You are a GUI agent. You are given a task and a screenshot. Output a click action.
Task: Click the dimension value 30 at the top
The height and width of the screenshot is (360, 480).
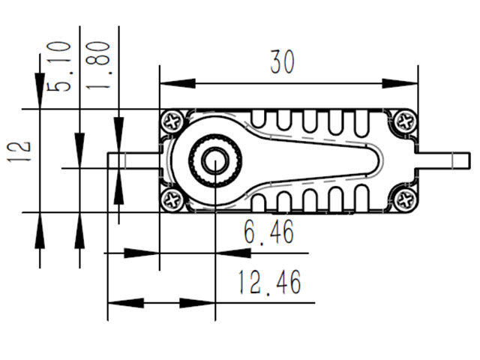(x=283, y=62)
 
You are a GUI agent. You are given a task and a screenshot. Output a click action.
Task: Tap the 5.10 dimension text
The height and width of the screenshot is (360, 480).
(x=60, y=67)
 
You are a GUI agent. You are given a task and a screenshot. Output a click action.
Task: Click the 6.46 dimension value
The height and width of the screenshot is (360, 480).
(x=268, y=232)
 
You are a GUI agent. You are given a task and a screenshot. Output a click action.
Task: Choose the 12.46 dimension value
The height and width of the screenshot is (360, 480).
(x=270, y=283)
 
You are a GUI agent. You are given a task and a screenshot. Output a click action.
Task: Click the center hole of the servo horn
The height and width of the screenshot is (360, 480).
(x=214, y=160)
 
